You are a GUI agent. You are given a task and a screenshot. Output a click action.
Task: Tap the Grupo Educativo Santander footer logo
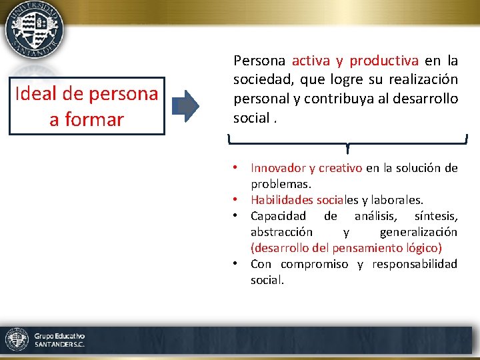(x=45, y=340)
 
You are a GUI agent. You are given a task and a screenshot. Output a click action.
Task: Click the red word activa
(x=310, y=61)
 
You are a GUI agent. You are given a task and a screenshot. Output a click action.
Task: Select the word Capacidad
(x=278, y=216)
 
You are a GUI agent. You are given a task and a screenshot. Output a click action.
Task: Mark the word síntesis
(x=435, y=216)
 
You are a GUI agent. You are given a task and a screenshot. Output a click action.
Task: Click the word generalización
(x=418, y=232)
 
